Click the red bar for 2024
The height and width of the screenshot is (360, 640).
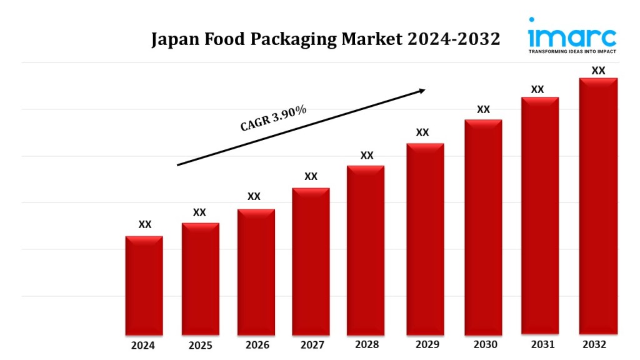tap(144, 286)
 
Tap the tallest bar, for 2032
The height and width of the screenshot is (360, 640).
tap(598, 206)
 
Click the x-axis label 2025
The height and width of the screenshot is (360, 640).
tap(200, 345)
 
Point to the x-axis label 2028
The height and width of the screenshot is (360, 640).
tap(366, 344)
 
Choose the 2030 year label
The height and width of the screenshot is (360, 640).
tap(485, 344)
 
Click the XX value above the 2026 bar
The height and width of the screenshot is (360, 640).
tap(254, 196)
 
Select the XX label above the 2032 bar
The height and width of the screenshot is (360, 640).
tap(598, 71)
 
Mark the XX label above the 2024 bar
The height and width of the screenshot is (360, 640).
tap(144, 224)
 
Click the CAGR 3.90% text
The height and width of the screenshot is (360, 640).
tap(274, 118)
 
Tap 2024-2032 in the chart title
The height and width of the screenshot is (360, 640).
tap(454, 39)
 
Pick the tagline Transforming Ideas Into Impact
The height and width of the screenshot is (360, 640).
tap(572, 51)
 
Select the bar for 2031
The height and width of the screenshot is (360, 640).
tap(540, 216)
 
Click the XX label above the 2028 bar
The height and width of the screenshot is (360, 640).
tap(367, 155)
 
